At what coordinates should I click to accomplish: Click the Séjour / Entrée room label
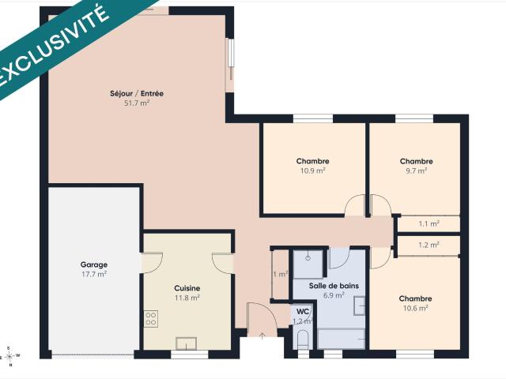click(137, 93)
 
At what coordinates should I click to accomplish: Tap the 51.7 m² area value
click(137, 103)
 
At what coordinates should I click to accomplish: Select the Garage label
click(94, 265)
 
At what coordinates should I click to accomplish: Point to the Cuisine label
click(187, 288)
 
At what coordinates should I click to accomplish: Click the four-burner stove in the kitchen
click(151, 318)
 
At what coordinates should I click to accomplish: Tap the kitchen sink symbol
click(187, 343)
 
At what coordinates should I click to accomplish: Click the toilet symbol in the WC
click(303, 340)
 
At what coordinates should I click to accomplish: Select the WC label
click(303, 312)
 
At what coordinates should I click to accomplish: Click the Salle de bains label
click(334, 286)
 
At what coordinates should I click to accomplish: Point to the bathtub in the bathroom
click(341, 339)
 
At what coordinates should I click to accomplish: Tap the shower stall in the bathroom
click(308, 264)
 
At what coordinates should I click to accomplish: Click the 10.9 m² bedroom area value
click(313, 171)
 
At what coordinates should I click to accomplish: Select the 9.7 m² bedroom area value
click(417, 171)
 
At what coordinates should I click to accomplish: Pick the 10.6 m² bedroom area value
click(416, 308)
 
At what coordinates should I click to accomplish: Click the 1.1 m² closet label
click(429, 223)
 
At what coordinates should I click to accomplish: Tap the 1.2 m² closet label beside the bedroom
click(429, 245)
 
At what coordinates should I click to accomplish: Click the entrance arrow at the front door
click(262, 336)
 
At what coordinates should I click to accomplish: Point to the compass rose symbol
click(9, 356)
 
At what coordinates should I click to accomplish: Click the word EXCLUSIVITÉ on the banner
click(53, 45)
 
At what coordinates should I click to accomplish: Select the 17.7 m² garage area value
click(94, 275)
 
